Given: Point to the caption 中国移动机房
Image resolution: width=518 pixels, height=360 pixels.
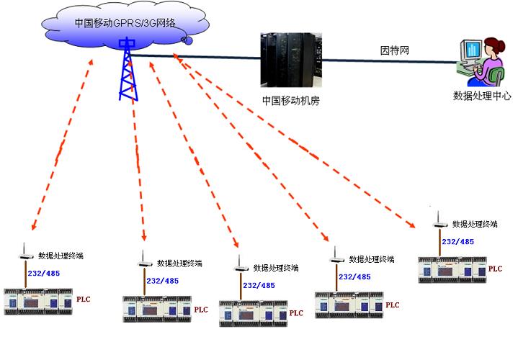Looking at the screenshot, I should point(290,101).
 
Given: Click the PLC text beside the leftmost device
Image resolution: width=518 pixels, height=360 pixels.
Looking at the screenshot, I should point(84,298).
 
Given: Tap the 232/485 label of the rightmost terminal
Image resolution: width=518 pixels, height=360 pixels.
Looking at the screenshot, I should point(457,242).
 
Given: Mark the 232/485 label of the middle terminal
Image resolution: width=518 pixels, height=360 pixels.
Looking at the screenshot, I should point(259,285).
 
